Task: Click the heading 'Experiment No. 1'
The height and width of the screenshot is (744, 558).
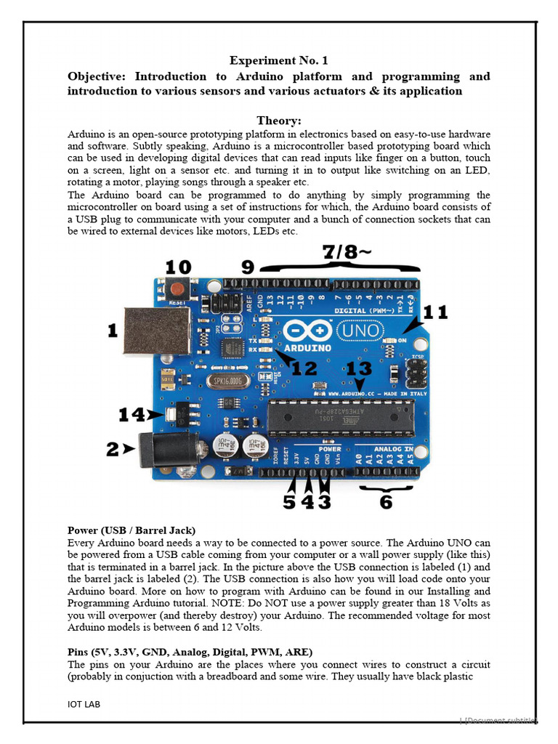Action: pos(278,60)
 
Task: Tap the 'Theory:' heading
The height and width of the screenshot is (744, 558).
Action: pos(278,121)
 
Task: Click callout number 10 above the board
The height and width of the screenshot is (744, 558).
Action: pos(179,266)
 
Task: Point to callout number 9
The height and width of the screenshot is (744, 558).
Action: pos(248,267)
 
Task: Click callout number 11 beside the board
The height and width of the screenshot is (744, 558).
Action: pos(435,313)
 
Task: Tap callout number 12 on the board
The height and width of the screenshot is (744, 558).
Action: pos(304,368)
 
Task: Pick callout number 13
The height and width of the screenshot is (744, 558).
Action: pos(359,369)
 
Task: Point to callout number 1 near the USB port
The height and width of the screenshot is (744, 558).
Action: pos(113,331)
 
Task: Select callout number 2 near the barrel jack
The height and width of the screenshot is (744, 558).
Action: pos(113,450)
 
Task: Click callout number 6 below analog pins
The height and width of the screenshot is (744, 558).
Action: pos(386,502)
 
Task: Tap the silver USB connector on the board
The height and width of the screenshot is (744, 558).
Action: pos(147,331)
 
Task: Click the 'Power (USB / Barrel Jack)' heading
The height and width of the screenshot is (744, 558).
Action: pos(132,530)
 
